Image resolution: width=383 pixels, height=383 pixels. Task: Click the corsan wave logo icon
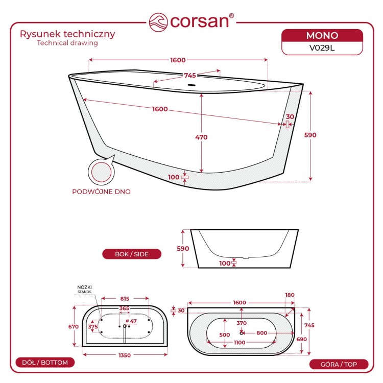coord(158,22)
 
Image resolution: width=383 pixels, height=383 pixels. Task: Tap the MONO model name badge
coord(322,36)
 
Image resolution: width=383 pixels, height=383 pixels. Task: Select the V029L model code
coord(322,48)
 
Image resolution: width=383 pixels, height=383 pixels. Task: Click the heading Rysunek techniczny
coord(67,34)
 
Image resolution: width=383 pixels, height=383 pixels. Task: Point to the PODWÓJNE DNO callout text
coord(102,192)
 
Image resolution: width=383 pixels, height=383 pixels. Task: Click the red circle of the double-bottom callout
coord(102,172)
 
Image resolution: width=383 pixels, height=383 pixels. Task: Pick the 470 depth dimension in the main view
coord(201,137)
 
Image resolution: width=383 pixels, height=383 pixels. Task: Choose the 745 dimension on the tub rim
coord(190,76)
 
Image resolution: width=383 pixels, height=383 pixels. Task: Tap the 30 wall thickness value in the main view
coord(290,117)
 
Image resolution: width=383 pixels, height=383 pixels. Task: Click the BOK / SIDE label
coord(132,254)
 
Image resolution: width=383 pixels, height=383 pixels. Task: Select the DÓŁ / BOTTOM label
coord(45,363)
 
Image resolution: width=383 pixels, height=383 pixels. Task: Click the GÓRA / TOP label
coord(339,365)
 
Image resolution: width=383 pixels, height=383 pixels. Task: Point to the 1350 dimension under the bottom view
coord(125,355)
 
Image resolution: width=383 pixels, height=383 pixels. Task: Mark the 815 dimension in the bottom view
coord(125,299)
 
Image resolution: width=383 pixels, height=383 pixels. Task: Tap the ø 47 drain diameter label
coord(131,321)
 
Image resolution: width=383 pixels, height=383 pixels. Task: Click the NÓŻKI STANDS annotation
coord(84,290)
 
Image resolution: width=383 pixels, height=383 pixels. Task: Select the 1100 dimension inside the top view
coord(240,343)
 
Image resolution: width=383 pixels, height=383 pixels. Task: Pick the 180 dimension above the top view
coord(290,295)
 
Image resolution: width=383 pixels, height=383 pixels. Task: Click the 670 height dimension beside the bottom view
coord(74,327)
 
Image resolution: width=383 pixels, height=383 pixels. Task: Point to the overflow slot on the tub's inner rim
coord(192,85)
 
